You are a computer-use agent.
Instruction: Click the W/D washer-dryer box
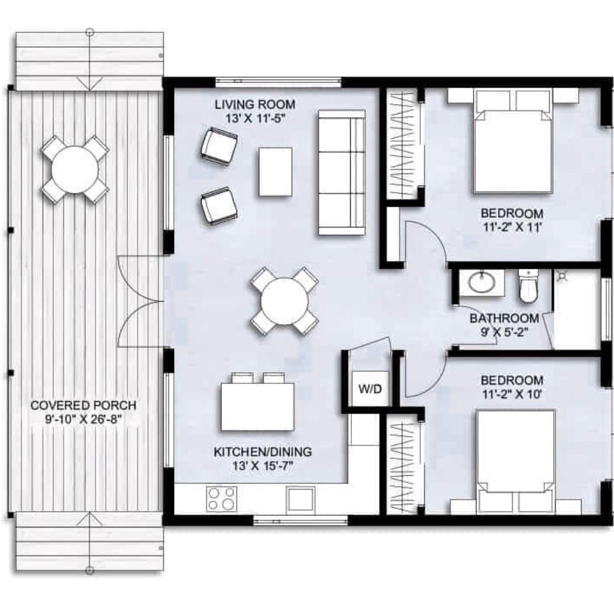tap(371, 388)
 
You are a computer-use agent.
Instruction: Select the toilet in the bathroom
tap(528, 286)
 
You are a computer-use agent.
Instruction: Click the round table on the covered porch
tap(74, 169)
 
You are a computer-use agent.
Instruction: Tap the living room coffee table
tap(275, 172)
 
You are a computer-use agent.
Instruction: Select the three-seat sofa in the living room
tap(342, 172)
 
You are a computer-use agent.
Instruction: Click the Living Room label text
tap(255, 105)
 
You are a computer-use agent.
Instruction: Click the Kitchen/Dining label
tap(263, 451)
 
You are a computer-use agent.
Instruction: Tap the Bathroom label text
tap(504, 318)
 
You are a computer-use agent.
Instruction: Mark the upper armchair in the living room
tap(219, 146)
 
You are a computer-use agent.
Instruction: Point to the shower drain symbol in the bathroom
tap(562, 276)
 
